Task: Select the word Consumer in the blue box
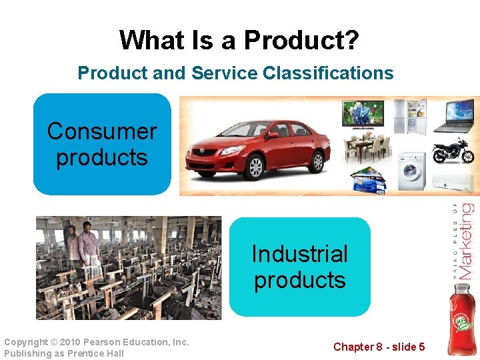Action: pos(102,131)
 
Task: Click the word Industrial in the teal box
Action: pos(299,254)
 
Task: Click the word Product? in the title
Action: pos(301,41)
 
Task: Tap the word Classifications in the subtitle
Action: pos(328,73)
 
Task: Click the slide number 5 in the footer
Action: pos(421,347)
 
